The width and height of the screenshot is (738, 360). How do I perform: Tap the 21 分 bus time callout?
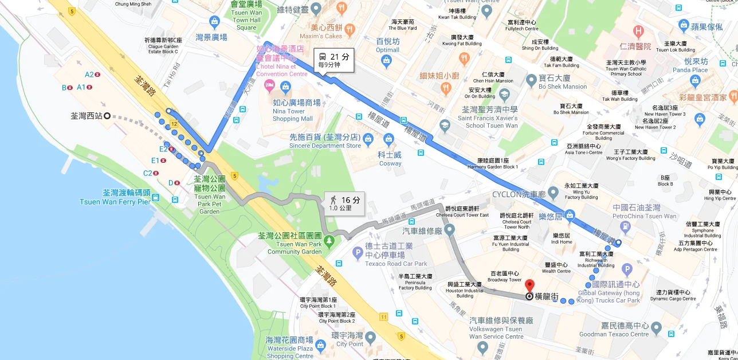[333, 60]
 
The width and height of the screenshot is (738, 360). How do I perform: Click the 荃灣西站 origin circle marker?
[107, 116]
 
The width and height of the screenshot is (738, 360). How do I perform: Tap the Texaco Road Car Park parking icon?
[358, 252]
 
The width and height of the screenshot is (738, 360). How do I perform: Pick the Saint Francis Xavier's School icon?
[444, 124]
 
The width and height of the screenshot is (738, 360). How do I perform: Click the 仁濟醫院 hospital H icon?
[638, 32]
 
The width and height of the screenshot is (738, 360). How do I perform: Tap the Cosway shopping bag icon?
[390, 139]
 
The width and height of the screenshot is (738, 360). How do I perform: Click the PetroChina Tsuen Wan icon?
[626, 227]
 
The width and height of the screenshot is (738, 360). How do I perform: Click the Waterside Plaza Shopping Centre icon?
[320, 345]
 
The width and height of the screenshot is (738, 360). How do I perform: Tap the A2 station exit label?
[89, 75]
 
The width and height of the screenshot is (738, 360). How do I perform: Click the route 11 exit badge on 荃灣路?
[383, 316]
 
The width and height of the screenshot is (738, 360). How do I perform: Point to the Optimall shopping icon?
[387, 60]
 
